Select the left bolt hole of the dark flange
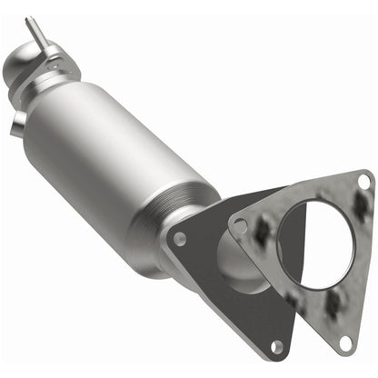(x=180, y=239)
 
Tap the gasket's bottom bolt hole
(x=344, y=342)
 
